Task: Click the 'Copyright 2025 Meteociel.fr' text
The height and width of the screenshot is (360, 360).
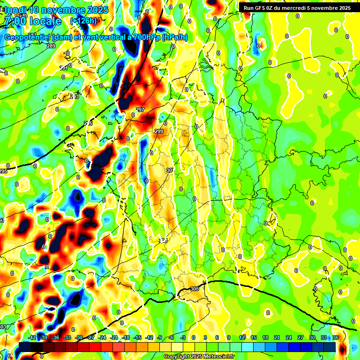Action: pos(199,356)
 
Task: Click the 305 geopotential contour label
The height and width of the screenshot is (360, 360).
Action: pos(195,289)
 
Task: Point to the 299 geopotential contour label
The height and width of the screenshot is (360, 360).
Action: pos(159,132)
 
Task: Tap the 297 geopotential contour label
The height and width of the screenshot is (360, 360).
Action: pos(140,110)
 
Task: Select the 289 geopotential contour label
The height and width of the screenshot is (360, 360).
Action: pos(51,46)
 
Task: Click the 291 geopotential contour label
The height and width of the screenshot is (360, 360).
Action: pos(64,68)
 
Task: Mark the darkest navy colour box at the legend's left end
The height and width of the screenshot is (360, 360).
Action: pos(25,346)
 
